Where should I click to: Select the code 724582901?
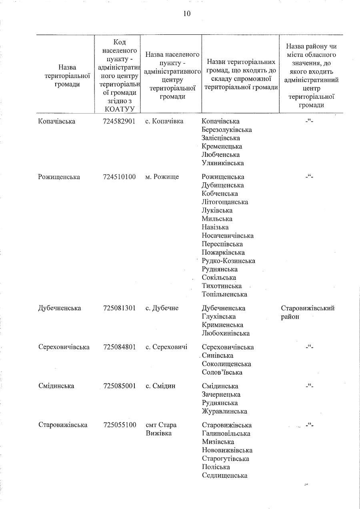tap(119, 121)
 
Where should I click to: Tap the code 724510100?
tap(119, 177)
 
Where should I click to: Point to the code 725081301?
tap(119, 308)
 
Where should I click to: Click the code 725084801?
tap(119, 347)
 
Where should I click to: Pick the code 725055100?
tap(119, 425)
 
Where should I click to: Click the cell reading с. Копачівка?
tap(164, 121)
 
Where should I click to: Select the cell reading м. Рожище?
tap(162, 177)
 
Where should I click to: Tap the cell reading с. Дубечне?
tap(162, 308)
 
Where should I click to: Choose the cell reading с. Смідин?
tap(160, 386)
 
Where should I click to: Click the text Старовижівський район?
tap(308, 312)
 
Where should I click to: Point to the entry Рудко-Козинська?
tap(228, 261)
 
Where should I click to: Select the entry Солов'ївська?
tap(222, 372)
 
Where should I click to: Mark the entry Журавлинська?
tap(224, 411)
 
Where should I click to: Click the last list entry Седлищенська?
tap(224, 475)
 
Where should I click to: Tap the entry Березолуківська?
tap(227, 130)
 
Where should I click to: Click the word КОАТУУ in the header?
tap(119, 108)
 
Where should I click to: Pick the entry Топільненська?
tap(224, 294)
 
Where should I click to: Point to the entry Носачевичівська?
tap(228, 236)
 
